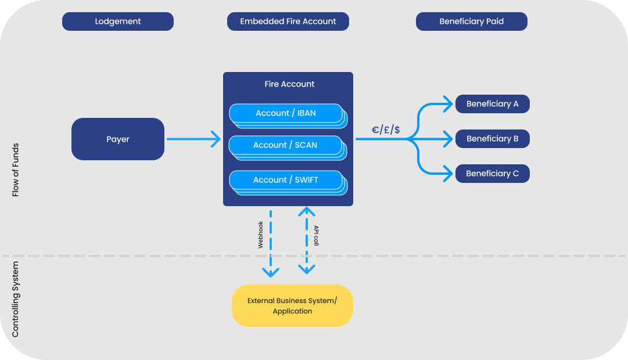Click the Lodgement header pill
[x=118, y=21]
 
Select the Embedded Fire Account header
[x=288, y=21]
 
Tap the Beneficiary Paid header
[x=471, y=21]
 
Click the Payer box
[x=118, y=139]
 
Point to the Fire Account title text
[x=289, y=84]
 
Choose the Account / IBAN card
[x=285, y=113]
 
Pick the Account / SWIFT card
[x=285, y=180]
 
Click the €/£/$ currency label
[x=386, y=129]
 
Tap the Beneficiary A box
[x=492, y=104]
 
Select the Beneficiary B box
[x=492, y=139]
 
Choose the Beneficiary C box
[x=492, y=174]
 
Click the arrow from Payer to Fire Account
[x=193, y=139]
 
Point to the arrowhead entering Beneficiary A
[x=447, y=104]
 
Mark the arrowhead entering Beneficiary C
[x=447, y=173]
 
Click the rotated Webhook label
[x=260, y=235]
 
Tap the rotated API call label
[x=316, y=236]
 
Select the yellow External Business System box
[x=292, y=306]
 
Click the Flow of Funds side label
[x=16, y=170]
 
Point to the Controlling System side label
[x=16, y=299]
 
